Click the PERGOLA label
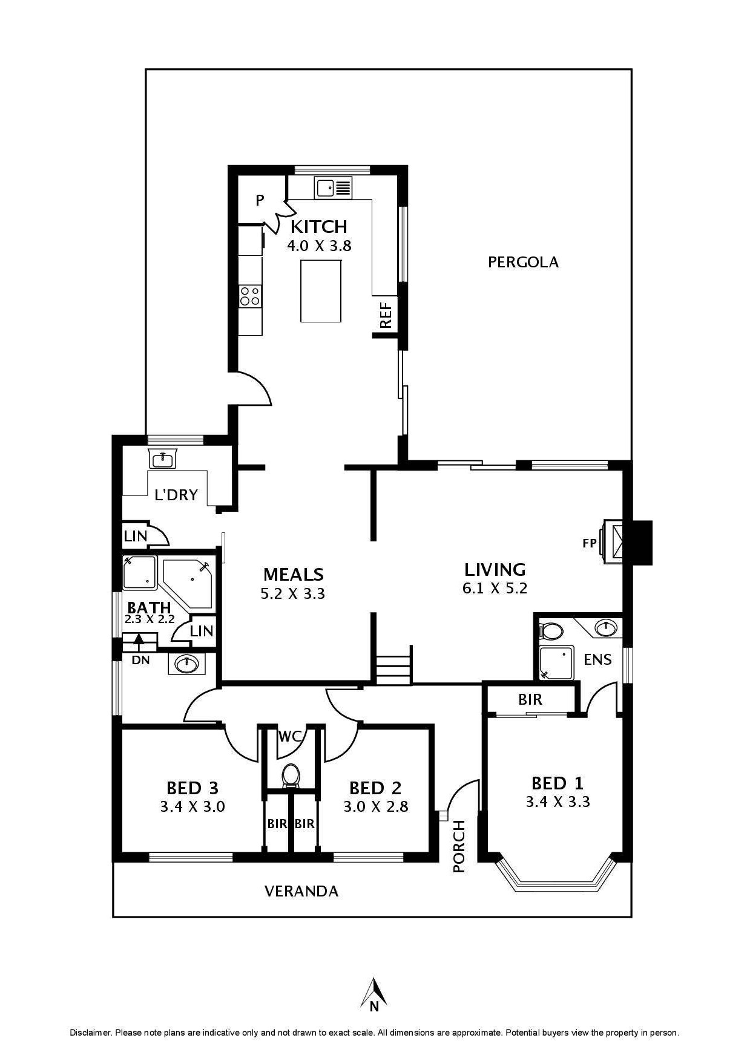pos(523,262)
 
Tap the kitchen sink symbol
pos(333,188)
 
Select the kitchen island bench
pos(320,291)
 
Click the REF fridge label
pos(386,315)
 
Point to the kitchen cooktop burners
pos(250,296)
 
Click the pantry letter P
pos(260,200)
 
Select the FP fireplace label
pos(589,543)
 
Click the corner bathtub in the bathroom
pos(187,583)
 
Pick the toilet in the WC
pos(291,775)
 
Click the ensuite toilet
pos(550,632)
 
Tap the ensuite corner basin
pos(606,627)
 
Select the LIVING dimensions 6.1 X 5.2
pos(495,588)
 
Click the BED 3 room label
pos(193,788)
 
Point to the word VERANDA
pos(301,891)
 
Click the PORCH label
pos(459,846)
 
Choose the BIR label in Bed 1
pos(530,699)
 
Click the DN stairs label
pos(140,660)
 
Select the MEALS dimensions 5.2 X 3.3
pos(293,594)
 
